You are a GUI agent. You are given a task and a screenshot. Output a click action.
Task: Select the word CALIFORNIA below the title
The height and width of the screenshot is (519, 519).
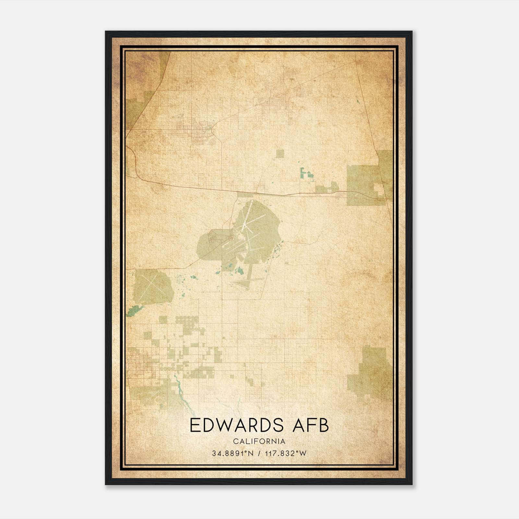click(259, 441)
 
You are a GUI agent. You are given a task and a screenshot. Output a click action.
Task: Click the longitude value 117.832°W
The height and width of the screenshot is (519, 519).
click(285, 453)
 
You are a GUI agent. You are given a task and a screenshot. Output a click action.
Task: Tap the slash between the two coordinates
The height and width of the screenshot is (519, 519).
click(259, 453)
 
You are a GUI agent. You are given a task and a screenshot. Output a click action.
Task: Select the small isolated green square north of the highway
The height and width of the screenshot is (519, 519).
click(280, 153)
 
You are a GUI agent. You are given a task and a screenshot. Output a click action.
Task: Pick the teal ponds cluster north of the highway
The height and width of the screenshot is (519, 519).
click(306, 173)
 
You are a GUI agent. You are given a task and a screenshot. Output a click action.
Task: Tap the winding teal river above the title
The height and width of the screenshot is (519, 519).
click(179, 389)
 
